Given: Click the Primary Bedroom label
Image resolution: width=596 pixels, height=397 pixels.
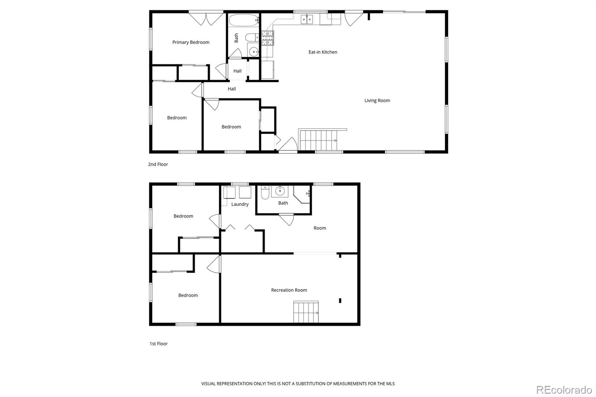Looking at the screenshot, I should tap(191, 42).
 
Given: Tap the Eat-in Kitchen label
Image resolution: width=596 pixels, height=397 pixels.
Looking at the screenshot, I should tap(323, 52).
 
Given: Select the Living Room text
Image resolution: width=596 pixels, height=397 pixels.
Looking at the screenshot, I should tap(377, 101).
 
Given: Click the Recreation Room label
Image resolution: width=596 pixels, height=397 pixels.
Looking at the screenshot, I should tap(289, 290).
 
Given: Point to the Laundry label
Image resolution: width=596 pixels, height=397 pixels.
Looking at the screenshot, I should tap(240, 204).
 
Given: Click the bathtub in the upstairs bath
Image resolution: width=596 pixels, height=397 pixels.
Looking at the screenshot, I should tap(243, 20).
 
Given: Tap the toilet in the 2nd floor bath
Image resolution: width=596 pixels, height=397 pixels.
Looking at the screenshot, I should tap(253, 37).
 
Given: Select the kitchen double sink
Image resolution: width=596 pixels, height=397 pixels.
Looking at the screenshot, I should tap(307, 19).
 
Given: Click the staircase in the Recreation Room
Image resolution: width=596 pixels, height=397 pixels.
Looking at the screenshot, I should tap(306, 312).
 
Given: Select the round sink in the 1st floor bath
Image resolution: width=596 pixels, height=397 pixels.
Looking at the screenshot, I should tap(280, 191).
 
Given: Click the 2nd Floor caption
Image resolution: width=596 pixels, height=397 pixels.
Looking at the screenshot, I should tap(158, 164).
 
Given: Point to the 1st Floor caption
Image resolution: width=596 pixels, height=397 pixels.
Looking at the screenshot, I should tap(159, 344).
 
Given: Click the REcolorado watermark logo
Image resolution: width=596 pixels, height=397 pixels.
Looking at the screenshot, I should tap(564, 390).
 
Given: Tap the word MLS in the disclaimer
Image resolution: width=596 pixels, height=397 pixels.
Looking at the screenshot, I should tap(390, 384).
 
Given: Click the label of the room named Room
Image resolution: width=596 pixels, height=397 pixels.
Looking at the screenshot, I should tap(320, 228).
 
